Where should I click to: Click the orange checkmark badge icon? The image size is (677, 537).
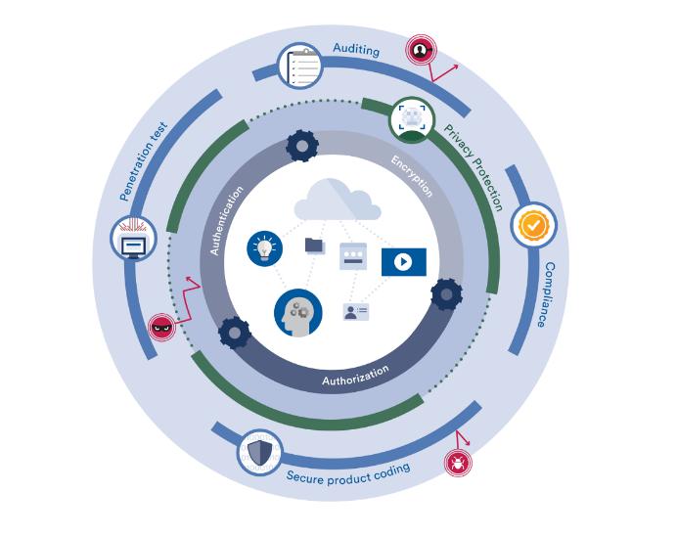click(x=533, y=225)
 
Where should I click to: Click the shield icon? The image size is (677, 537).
click(x=259, y=452)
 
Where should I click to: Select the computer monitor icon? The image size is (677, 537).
click(x=133, y=240)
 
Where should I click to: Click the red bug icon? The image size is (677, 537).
click(x=456, y=462)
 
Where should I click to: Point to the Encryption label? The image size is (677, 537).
click(x=412, y=175)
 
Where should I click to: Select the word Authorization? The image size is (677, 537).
click(x=355, y=374)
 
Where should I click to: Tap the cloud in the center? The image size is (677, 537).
click(x=338, y=201)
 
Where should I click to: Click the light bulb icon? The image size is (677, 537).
click(x=264, y=247)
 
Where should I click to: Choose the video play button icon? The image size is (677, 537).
click(x=404, y=261)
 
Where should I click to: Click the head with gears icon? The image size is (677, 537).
click(x=297, y=312)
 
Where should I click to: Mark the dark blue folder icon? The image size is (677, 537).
click(x=314, y=245)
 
